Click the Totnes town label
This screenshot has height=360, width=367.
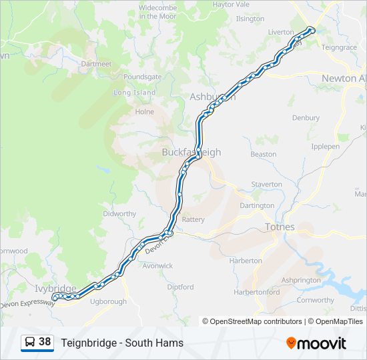[x=280, y=227]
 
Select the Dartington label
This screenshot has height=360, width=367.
[x=257, y=206]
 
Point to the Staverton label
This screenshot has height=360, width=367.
[x=266, y=184]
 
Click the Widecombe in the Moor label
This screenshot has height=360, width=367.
[x=157, y=11]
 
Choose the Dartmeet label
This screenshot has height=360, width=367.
[x=96, y=64]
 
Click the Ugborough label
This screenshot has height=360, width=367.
[x=108, y=301]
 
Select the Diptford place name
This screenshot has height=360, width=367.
[x=180, y=287]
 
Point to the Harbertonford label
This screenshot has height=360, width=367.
[x=257, y=293]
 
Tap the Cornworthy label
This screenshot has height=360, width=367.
[x=315, y=300]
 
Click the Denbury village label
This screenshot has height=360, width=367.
[x=306, y=118]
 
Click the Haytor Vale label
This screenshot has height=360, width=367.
[x=231, y=4]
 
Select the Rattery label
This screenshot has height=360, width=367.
[x=193, y=219]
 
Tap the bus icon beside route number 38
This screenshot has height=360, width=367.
[x=30, y=343]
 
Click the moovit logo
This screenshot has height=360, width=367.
[x=316, y=343]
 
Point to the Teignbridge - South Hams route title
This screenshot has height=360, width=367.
[x=122, y=343]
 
